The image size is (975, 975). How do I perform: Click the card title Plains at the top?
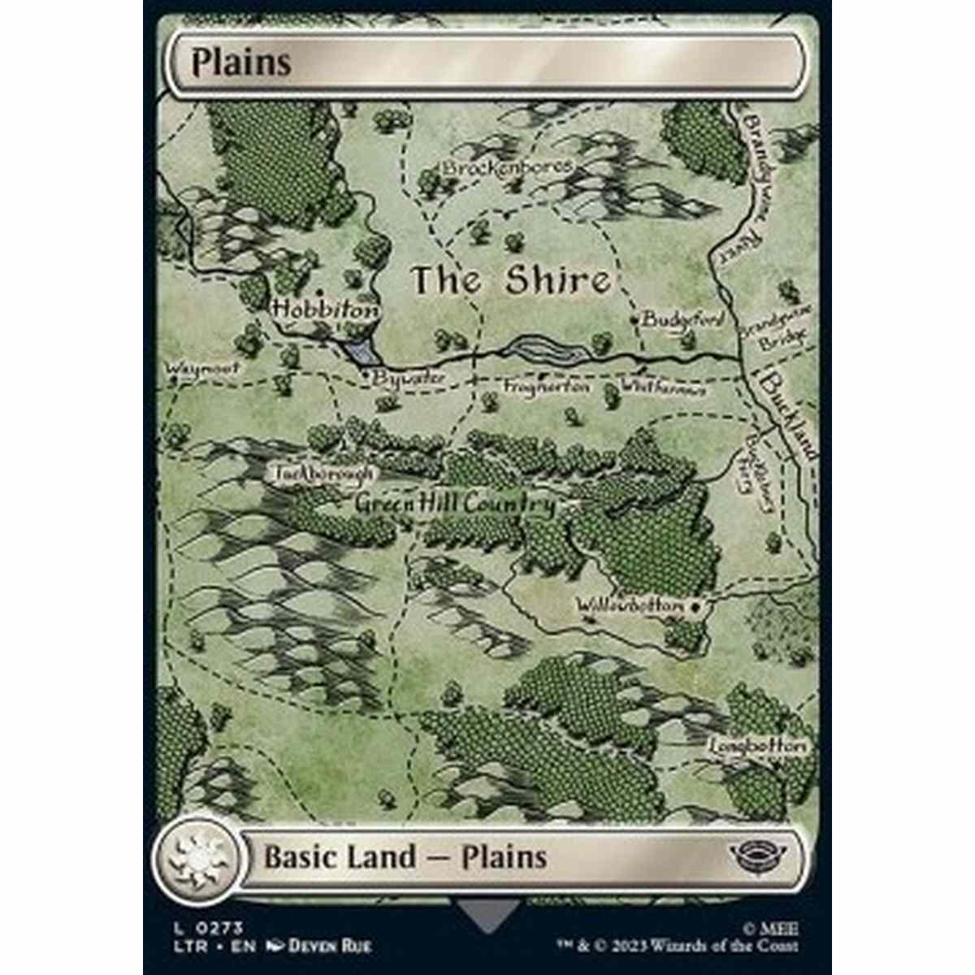point(241,63)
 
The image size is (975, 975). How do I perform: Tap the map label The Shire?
point(510,281)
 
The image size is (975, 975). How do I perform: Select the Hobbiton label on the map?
point(325,310)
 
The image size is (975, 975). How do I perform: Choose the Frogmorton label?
point(546,388)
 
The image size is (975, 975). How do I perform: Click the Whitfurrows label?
point(663,388)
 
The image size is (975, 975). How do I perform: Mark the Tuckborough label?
point(323,473)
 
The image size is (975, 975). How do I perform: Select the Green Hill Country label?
point(455,505)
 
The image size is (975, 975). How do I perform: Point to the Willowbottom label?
point(630,606)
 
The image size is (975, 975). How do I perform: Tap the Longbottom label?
point(757,745)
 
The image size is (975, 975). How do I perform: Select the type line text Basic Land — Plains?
point(405,857)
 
